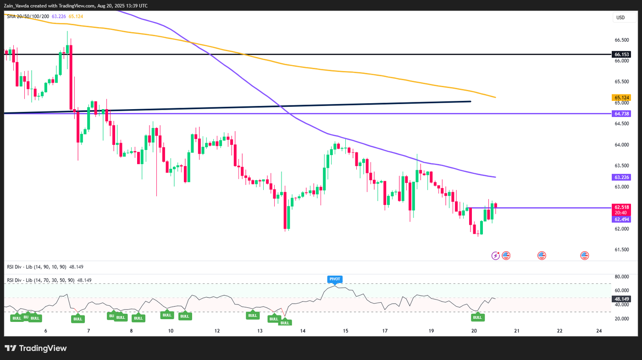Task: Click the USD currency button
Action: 620,17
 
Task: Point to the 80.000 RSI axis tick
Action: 621,277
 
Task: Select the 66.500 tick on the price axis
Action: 621,40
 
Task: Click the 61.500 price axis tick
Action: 621,249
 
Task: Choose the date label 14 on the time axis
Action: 303,331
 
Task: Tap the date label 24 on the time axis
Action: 599,331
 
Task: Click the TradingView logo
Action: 36,348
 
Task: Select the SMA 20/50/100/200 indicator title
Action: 28,16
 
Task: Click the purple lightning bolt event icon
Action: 495,255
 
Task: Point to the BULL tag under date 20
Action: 477,317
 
